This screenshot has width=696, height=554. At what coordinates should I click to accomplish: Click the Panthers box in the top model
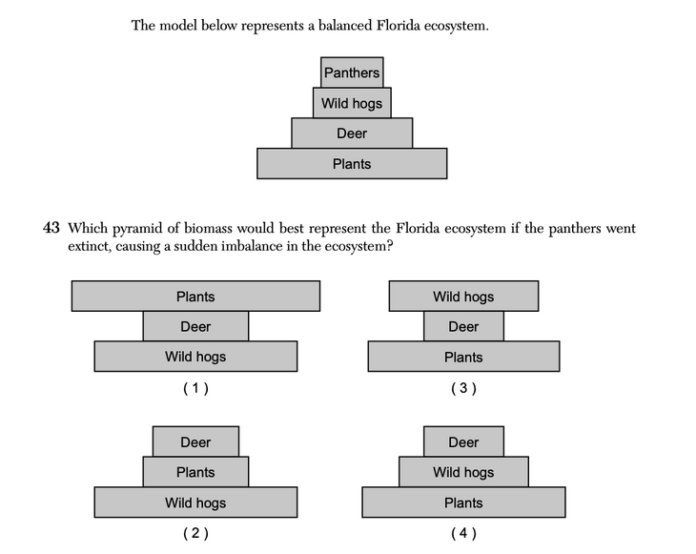click(352, 72)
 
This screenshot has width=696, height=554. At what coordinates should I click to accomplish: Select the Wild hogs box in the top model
click(352, 103)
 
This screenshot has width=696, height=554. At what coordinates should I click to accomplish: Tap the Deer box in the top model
click(352, 133)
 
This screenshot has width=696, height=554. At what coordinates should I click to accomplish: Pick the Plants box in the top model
click(352, 164)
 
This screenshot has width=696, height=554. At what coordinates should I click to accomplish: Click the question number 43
click(51, 229)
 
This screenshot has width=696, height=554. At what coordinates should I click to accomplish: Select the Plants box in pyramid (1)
click(195, 297)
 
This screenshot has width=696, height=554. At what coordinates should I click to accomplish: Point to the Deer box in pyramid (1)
click(195, 327)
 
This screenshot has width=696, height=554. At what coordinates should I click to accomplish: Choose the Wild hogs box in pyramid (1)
click(195, 358)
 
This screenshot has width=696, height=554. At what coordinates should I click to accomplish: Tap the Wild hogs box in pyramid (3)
click(463, 297)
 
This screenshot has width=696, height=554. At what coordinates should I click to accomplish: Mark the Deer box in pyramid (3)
click(463, 327)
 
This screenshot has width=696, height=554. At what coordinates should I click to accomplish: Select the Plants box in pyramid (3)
click(463, 358)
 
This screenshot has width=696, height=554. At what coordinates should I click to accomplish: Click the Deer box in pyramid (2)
click(195, 442)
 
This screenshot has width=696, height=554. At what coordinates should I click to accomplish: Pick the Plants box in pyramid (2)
click(195, 472)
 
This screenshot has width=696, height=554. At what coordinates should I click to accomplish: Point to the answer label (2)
click(195, 533)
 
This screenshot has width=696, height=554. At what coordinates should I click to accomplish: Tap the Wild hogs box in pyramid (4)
click(463, 472)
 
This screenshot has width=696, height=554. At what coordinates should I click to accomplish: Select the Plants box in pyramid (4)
click(463, 503)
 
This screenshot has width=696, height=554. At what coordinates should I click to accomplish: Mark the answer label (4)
click(463, 533)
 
